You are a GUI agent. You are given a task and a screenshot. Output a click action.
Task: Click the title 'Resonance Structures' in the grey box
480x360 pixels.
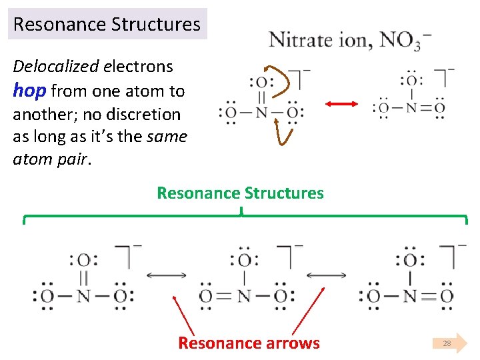(x=107, y=25)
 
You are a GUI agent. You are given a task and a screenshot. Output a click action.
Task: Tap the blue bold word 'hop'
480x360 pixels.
(x=29, y=90)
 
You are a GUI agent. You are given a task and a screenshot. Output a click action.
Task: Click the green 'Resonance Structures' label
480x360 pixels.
(x=240, y=193)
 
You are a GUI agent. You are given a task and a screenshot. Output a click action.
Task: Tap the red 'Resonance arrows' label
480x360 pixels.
(x=249, y=343)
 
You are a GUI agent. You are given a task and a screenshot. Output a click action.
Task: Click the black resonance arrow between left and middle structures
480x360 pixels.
(x=166, y=275)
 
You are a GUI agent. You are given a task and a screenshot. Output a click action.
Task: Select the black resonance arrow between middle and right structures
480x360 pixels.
(x=326, y=275)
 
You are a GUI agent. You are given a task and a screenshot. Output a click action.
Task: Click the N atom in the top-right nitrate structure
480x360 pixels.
(x=411, y=107)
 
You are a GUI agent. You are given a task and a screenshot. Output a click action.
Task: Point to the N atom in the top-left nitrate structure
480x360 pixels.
(x=261, y=113)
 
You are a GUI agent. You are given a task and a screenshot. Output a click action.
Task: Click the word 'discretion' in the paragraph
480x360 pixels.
(x=148, y=114)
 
